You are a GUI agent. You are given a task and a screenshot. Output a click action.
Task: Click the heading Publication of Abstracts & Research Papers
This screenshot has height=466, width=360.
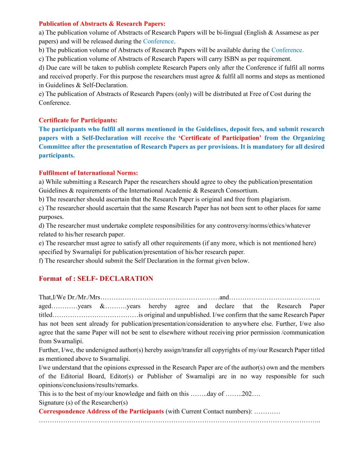pyautogui.click(x=102, y=23)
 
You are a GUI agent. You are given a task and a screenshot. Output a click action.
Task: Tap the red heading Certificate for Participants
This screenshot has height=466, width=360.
pyautogui.click(x=78, y=121)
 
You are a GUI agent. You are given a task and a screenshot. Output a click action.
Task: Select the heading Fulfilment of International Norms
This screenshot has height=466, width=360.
pyautogui.click(x=88, y=173)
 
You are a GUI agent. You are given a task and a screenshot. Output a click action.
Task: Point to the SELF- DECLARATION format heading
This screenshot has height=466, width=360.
pyautogui.click(x=96, y=279)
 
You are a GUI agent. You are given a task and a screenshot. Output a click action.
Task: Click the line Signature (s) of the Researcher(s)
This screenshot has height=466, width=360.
pyautogui.click(x=83, y=403)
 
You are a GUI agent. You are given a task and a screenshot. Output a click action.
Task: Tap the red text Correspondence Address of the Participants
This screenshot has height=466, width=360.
pyautogui.click(x=101, y=411)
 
